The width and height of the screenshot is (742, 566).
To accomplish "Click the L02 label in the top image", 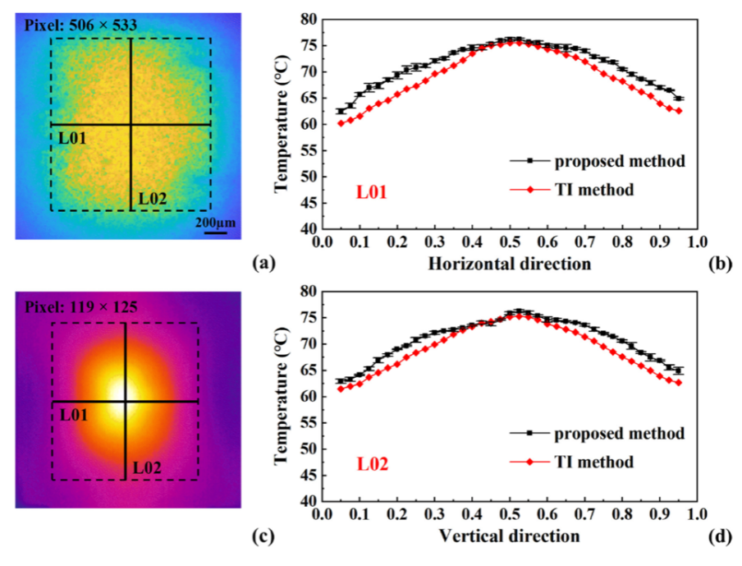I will (154, 197).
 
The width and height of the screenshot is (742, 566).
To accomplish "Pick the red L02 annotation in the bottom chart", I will (372, 464).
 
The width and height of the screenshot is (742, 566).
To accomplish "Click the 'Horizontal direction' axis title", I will (509, 264).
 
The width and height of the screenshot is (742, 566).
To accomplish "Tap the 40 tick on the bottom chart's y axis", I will (305, 500).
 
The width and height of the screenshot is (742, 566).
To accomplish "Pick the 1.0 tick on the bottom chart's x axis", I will (696, 514).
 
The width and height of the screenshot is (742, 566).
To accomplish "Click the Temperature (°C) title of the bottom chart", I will (282, 397).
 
